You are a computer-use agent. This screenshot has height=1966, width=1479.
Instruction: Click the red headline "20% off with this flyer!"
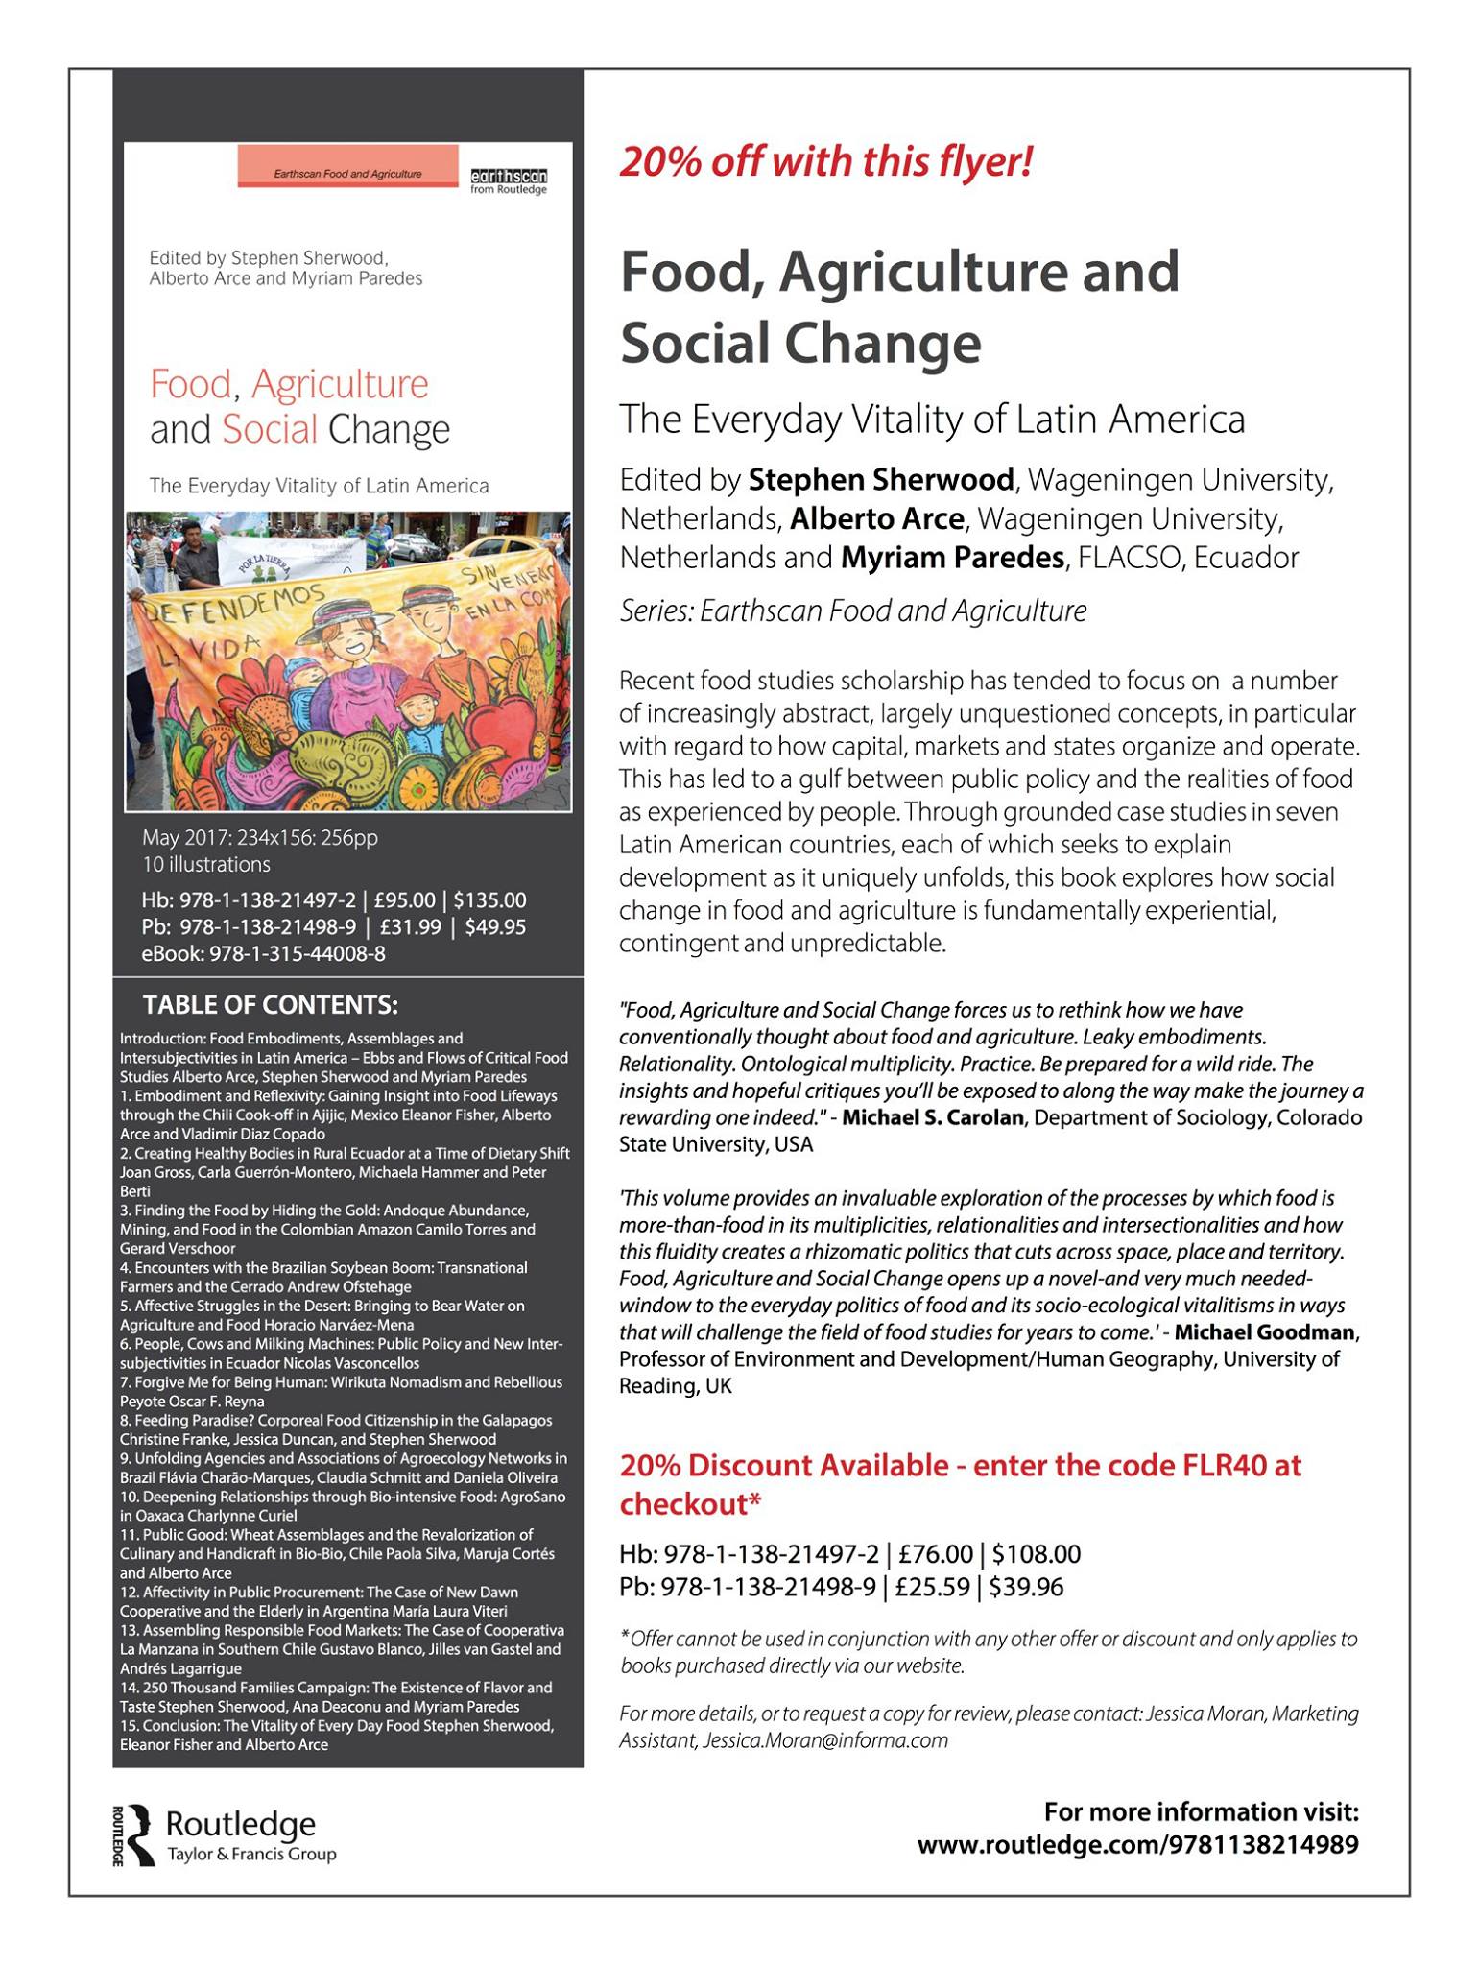825,161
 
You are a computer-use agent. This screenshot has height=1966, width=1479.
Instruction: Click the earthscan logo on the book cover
508,180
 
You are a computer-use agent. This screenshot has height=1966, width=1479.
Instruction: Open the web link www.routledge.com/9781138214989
1137,1844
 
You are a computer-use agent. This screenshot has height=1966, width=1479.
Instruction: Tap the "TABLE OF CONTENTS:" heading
270,1005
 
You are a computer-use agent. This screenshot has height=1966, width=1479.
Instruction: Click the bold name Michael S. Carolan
932,1117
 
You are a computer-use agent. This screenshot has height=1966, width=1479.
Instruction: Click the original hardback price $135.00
489,900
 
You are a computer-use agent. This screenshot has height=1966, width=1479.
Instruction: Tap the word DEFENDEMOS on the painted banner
226,605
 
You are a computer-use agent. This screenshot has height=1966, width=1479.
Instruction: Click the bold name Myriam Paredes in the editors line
952,557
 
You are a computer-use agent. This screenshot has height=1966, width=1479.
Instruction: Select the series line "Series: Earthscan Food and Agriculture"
852,611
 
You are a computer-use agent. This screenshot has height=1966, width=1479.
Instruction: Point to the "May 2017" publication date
179,838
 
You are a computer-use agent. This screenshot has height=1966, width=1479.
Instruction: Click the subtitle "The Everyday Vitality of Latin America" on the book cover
319,486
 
